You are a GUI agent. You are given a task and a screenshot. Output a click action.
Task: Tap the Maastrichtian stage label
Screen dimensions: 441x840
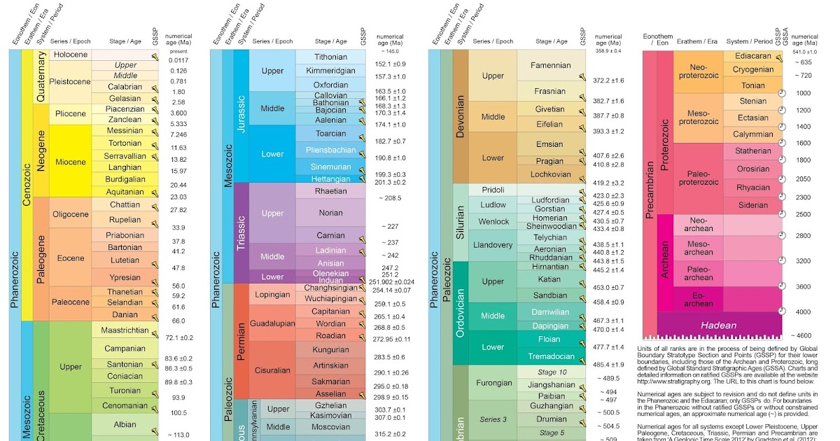point(124,330)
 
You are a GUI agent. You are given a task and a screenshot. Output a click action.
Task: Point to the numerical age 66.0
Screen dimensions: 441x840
point(178,321)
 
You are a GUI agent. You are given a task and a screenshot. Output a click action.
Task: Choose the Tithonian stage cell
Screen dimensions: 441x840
point(330,57)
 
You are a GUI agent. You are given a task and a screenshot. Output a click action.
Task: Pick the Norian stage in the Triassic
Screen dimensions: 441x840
point(330,213)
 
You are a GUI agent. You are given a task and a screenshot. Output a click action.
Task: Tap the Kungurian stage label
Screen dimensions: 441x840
point(330,349)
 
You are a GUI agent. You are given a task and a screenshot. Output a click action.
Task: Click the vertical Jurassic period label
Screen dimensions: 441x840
point(241,115)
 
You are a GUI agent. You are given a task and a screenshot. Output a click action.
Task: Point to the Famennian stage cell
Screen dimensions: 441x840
point(551,65)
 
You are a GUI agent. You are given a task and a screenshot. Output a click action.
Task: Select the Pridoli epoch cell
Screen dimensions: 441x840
point(493,190)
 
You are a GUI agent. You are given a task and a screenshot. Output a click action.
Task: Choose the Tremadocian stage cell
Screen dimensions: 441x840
point(551,356)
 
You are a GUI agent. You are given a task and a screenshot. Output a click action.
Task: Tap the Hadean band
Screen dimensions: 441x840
point(719,325)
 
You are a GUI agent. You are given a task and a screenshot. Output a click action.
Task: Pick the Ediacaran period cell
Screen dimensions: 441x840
point(752,55)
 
